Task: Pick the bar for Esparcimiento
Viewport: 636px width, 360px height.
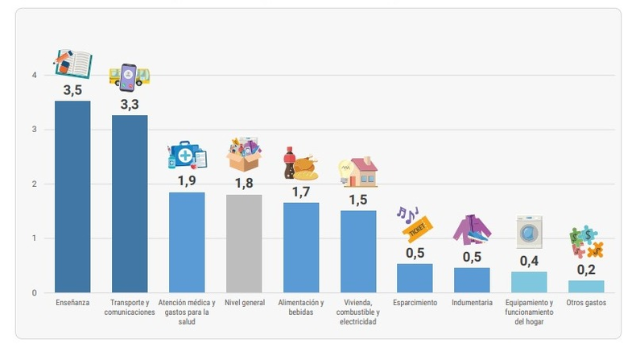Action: point(415,278)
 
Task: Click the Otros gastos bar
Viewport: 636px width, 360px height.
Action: point(586,286)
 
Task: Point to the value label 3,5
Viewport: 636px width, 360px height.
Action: point(72,90)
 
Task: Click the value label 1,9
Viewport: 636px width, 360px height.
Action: point(187,181)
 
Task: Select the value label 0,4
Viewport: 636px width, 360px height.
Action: point(529,261)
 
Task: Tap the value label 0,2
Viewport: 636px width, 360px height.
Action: point(586,270)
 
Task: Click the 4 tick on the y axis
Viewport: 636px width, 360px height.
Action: point(34,76)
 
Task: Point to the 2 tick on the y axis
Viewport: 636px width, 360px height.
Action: point(34,184)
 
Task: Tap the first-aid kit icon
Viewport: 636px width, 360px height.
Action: point(187,155)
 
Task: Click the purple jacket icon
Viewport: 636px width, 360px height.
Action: point(472,230)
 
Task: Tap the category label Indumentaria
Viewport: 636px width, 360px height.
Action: point(472,303)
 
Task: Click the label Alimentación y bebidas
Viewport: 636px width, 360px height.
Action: point(301,307)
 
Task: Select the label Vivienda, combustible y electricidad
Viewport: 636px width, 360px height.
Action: point(358,312)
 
